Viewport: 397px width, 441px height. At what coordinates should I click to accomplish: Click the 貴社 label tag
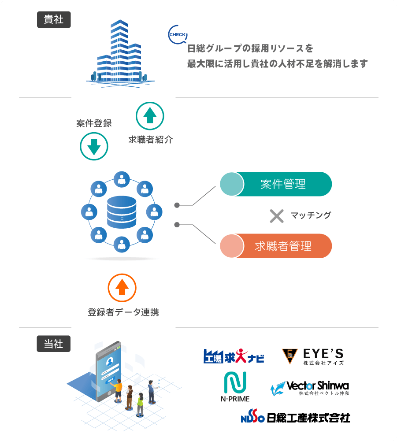[x=54, y=20]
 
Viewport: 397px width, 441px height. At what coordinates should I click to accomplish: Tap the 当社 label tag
[x=54, y=344]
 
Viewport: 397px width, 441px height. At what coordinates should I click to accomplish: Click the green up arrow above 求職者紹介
[x=150, y=116]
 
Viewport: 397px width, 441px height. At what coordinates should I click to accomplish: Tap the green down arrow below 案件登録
[x=94, y=146]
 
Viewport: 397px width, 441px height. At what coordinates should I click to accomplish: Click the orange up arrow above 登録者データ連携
[x=122, y=288]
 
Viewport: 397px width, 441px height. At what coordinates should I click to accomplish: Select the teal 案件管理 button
[x=276, y=184]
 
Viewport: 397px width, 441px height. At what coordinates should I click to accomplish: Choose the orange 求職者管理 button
[x=276, y=246]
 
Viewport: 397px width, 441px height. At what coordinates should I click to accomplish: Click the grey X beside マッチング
[x=276, y=216]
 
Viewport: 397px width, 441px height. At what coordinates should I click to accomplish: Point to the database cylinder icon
[x=122, y=212]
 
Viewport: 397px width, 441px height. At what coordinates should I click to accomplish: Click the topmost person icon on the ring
[x=122, y=179]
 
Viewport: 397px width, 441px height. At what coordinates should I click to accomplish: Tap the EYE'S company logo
[x=313, y=356]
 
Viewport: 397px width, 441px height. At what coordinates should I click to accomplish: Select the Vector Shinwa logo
[x=310, y=388]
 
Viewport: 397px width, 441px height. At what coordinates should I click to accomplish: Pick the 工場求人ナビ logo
[x=234, y=356]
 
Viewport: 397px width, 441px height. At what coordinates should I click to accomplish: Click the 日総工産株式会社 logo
[x=295, y=417]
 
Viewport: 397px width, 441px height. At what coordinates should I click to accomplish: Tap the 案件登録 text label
[x=94, y=124]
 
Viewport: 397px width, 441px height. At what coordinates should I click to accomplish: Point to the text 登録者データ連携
[x=123, y=312]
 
